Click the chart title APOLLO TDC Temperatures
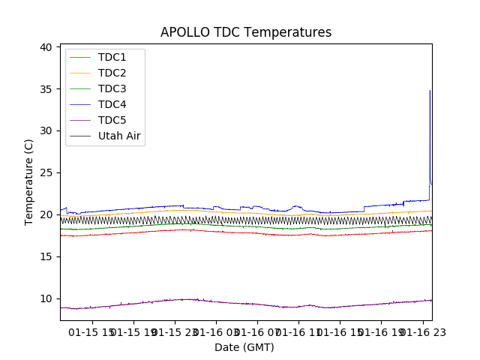pyautogui.click(x=245, y=32)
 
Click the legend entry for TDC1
pyautogui.click(x=112, y=58)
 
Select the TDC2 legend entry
pyautogui.click(x=112, y=73)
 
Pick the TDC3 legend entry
pyautogui.click(x=112, y=89)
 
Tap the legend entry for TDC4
pyautogui.click(x=112, y=105)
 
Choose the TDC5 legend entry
pyautogui.click(x=112, y=121)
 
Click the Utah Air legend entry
pyautogui.click(x=120, y=136)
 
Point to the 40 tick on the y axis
pyautogui.click(x=46, y=47)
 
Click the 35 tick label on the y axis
pyautogui.click(x=46, y=89)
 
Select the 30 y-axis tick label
pyautogui.click(x=46, y=130)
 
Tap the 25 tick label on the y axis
pyautogui.click(x=46, y=172)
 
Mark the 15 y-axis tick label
pyautogui.click(x=46, y=256)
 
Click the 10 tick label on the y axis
pyautogui.click(x=46, y=298)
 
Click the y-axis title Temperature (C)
pyautogui.click(x=29, y=181)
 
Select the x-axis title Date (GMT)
pyautogui.click(x=244, y=347)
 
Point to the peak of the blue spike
pyautogui.click(x=430, y=91)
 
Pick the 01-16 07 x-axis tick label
pyautogui.click(x=256, y=331)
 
